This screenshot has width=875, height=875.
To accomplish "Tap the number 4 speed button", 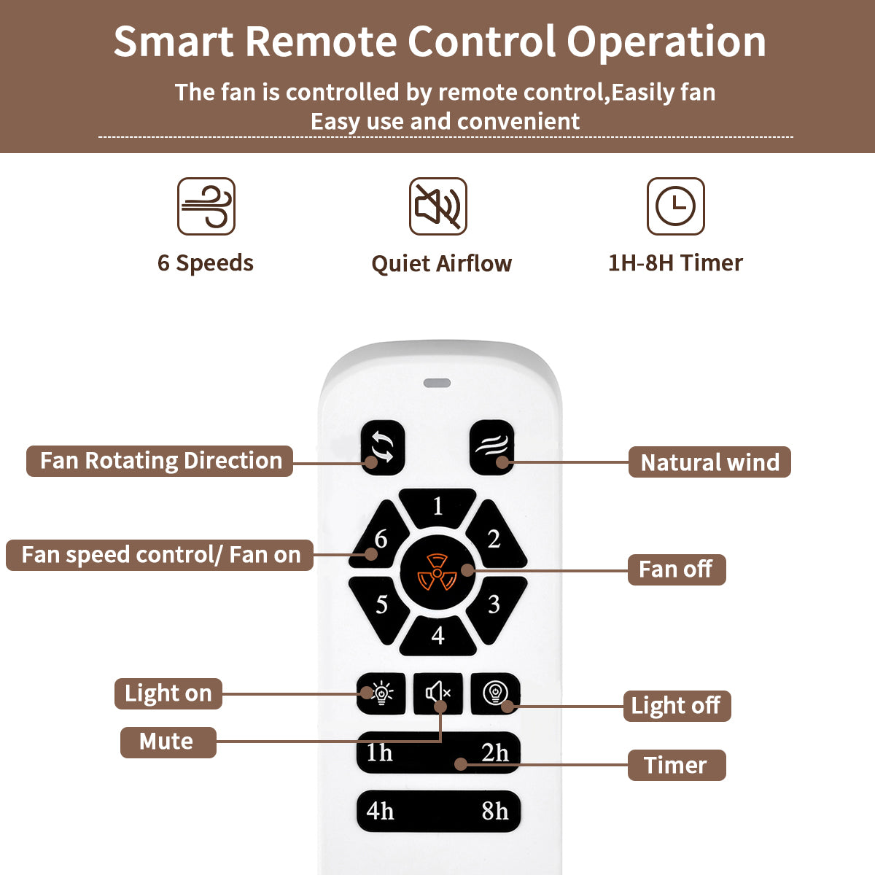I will point(437,634).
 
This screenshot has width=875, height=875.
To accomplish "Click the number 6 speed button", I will point(378,540).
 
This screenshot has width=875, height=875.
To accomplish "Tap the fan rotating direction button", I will point(382,447).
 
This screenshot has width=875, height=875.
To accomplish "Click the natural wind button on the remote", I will point(491,447).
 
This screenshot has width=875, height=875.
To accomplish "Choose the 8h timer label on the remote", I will point(495,811).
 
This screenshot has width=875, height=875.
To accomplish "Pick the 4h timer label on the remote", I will point(380,811).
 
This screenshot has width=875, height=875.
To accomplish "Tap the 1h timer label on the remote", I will point(379,752).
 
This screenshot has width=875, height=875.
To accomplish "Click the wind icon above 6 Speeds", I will point(206,206).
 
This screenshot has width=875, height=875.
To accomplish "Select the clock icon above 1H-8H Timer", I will point(676,206).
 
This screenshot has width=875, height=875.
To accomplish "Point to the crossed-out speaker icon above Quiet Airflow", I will point(437,206).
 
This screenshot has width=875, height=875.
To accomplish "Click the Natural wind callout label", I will point(709,462).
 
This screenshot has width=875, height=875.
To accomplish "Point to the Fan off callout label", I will point(676,569).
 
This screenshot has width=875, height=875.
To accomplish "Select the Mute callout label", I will point(167,742).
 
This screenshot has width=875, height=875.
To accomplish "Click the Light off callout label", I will point(676,706).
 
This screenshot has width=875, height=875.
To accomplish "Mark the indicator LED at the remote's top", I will point(437,383).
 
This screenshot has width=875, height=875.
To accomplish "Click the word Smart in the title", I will point(174,42).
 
